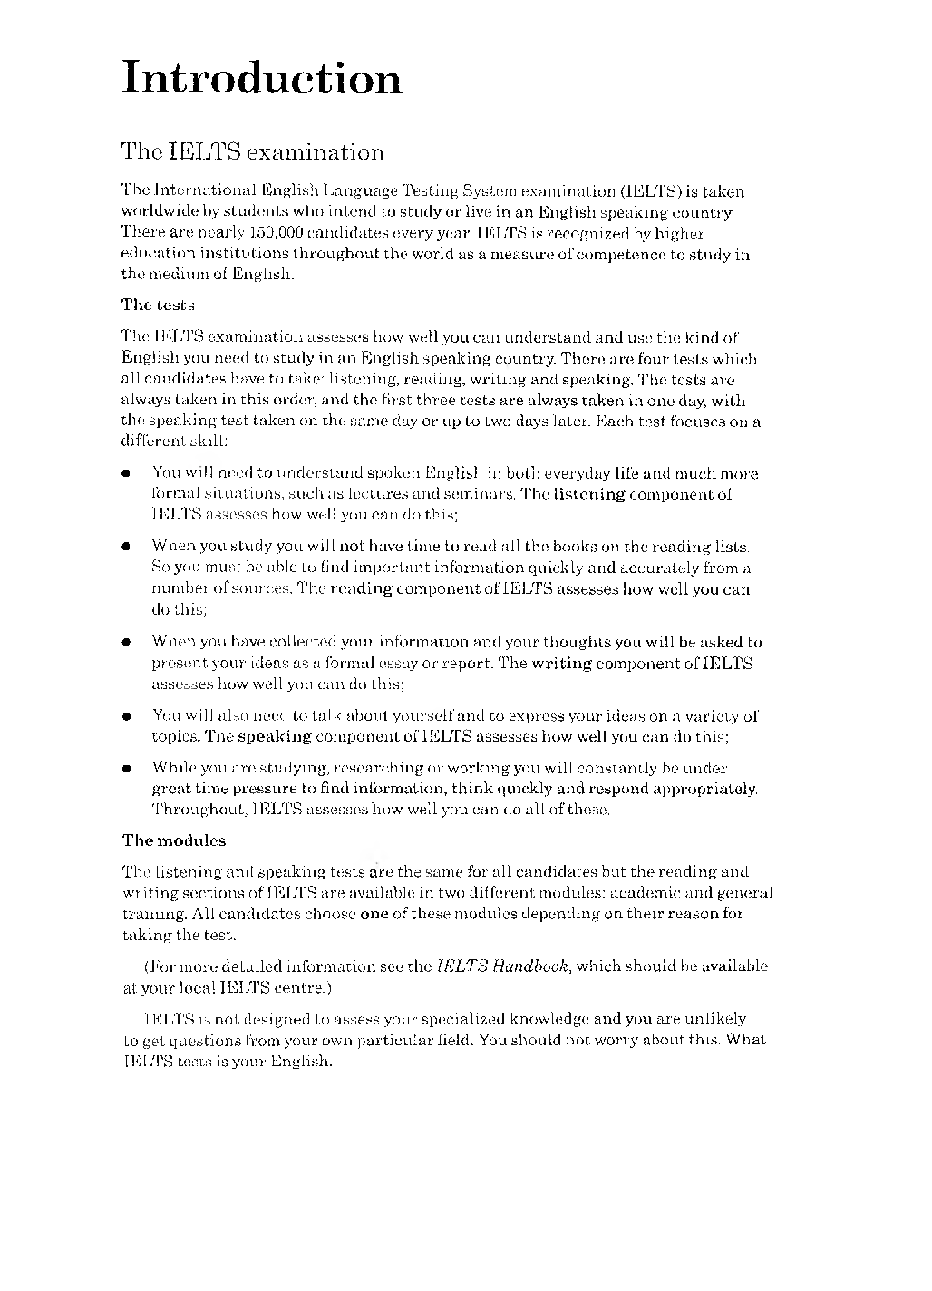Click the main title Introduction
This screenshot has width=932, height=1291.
point(261,77)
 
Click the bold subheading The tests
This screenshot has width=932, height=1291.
point(158,304)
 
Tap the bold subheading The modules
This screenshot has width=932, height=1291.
point(174,840)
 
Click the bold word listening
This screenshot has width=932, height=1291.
point(589,494)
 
